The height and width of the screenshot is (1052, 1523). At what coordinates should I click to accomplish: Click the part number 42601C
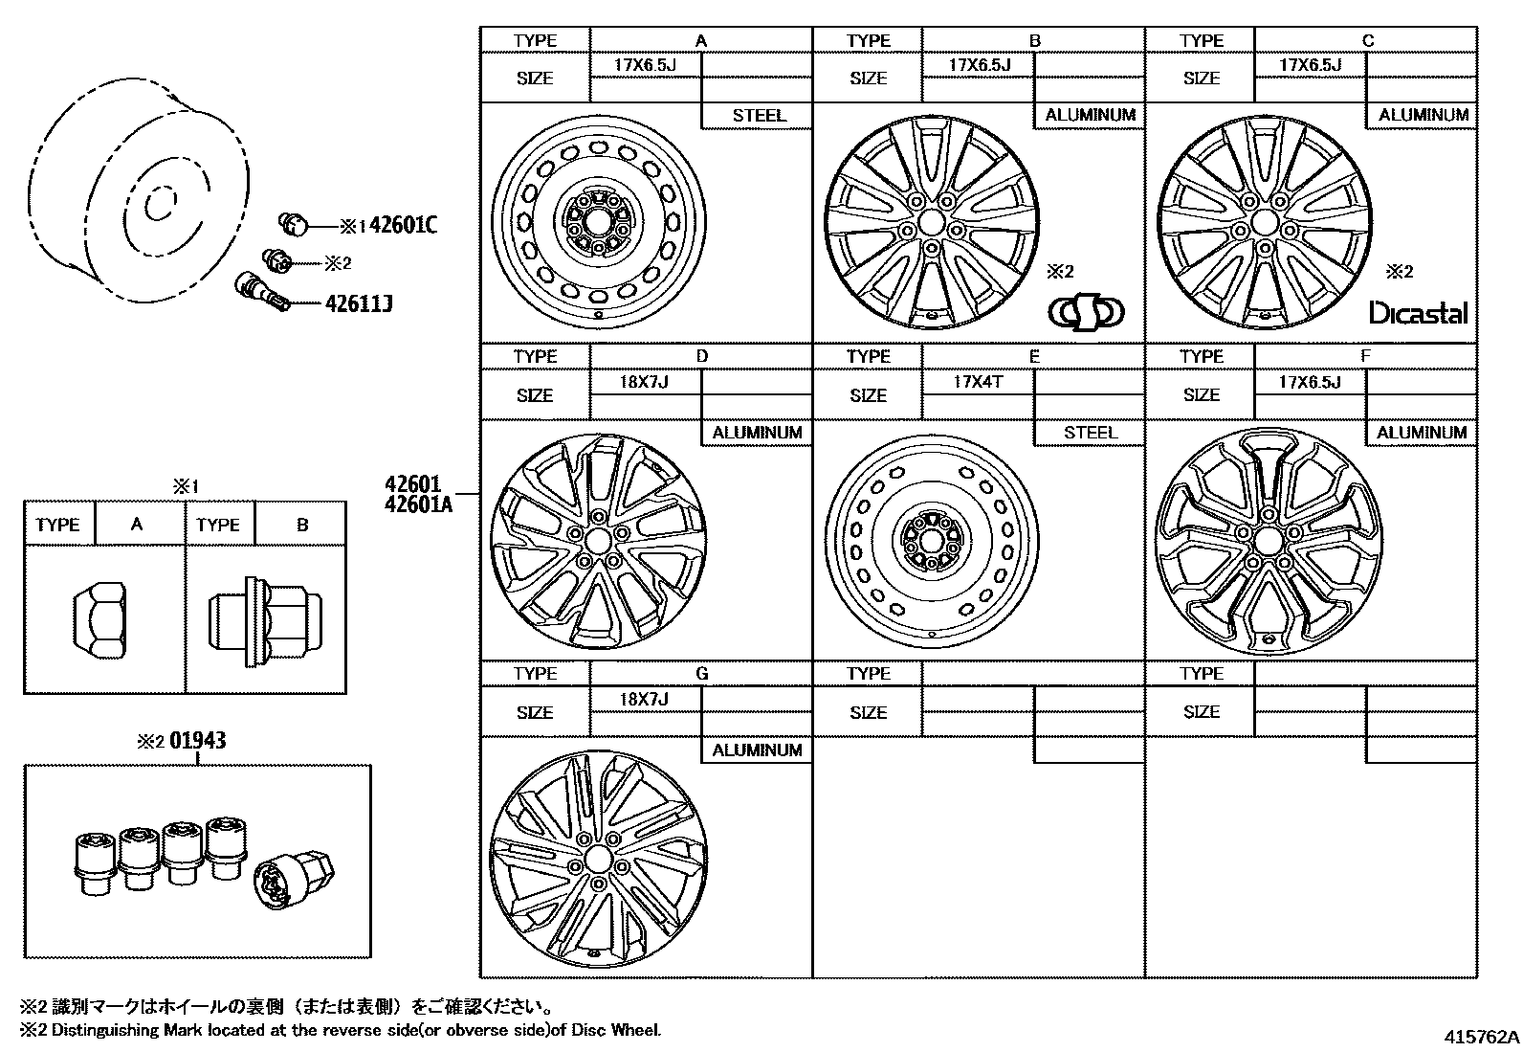[x=403, y=226]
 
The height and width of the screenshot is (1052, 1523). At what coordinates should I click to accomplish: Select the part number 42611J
[x=359, y=304]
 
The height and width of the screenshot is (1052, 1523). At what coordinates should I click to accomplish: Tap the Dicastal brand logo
[x=1418, y=313]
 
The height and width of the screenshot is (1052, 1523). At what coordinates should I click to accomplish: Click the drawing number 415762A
[x=1481, y=1037]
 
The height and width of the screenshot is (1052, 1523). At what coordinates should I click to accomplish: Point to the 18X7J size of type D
[x=644, y=382]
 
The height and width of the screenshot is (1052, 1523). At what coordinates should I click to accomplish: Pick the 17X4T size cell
[x=978, y=381]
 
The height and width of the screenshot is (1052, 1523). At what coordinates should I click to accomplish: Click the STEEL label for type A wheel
[x=758, y=115]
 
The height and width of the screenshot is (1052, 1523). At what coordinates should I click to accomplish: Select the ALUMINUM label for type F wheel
[x=1422, y=433]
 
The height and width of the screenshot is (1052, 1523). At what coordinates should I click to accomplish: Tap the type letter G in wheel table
[x=701, y=674]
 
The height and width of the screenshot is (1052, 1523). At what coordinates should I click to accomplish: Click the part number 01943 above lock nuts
[x=198, y=741]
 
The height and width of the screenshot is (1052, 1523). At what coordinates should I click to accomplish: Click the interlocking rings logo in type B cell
[x=1087, y=312]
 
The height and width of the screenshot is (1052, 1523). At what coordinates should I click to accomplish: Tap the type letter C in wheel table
[x=1367, y=40]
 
